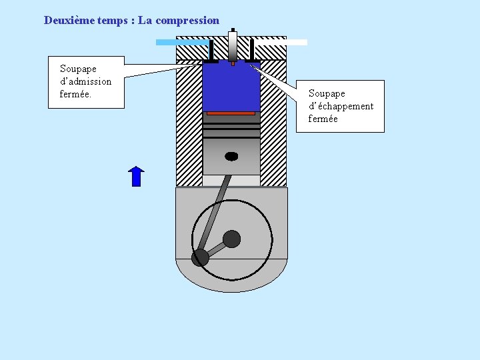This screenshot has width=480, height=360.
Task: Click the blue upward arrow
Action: tap(136, 176)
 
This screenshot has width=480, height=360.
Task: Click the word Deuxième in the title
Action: tap(66, 20)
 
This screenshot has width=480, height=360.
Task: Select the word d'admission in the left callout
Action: tap(85, 81)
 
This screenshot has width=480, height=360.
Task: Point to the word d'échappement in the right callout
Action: tap(341, 106)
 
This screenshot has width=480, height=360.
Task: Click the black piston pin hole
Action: tap(231, 156)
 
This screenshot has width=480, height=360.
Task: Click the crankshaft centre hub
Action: tap(231, 239)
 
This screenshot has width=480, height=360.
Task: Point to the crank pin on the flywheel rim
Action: tap(200, 257)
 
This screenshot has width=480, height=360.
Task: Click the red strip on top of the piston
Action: tap(231, 113)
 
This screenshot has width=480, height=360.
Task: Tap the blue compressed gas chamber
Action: tap(231, 87)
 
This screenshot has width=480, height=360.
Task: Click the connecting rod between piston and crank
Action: tap(216, 213)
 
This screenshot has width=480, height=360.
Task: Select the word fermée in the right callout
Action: tap(323, 119)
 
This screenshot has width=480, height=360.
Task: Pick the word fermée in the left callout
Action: tap(75, 94)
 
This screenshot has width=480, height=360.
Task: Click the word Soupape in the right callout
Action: tap(327, 93)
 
